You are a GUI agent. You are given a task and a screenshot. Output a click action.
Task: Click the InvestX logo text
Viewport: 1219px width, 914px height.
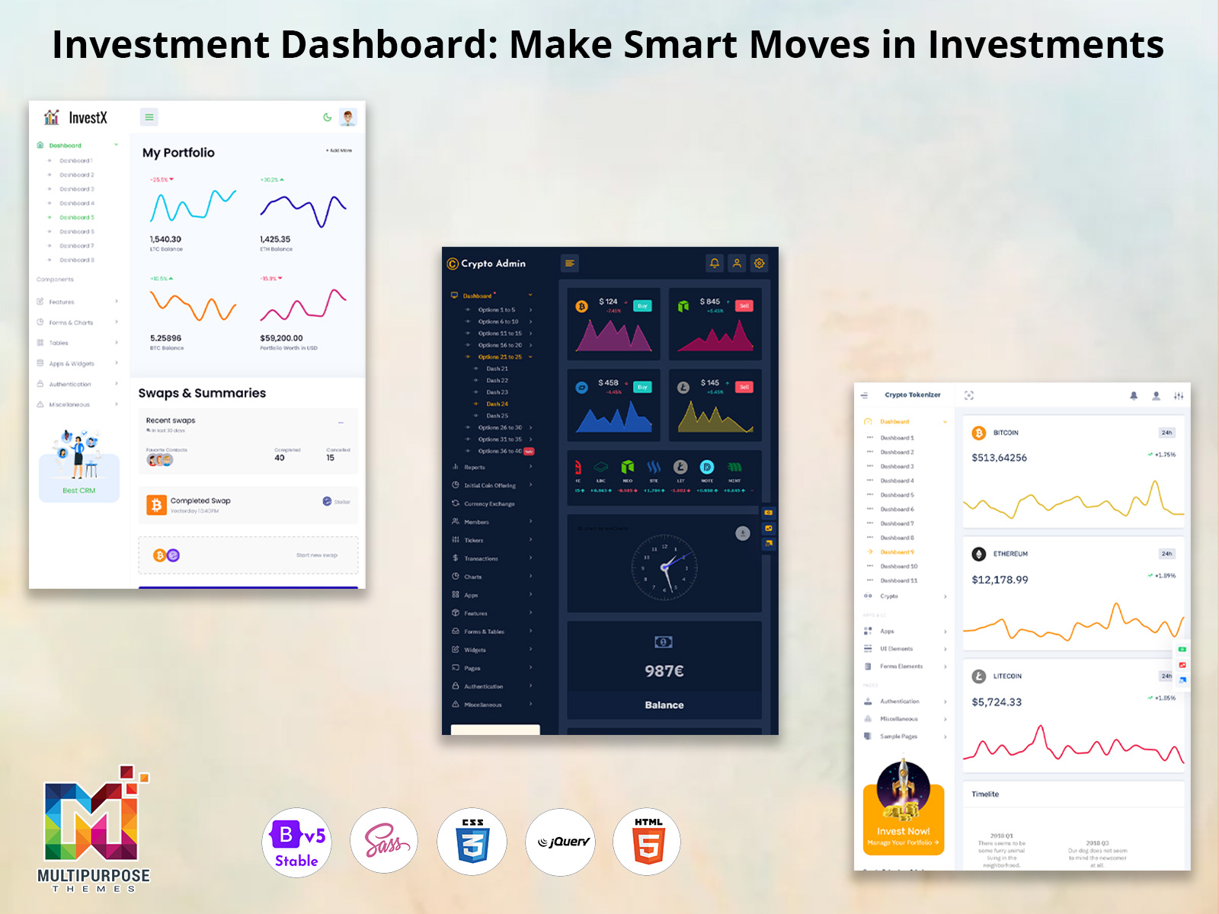88,118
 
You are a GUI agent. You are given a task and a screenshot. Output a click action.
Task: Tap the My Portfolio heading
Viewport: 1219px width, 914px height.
178,152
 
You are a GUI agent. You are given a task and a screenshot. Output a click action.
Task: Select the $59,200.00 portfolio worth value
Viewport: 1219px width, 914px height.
281,338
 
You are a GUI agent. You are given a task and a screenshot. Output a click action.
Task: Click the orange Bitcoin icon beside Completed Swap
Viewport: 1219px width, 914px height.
156,505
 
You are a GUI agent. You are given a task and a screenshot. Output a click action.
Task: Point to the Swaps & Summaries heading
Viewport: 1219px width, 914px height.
202,393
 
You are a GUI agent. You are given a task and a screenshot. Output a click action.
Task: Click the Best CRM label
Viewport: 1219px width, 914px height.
78,491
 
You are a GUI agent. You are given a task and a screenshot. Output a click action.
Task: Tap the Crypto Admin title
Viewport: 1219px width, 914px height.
493,264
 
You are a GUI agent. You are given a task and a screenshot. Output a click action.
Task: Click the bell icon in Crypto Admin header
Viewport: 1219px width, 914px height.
715,264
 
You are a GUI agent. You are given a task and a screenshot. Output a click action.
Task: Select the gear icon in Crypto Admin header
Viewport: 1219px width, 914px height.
760,264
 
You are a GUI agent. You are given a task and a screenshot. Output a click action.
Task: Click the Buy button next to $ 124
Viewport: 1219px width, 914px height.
642,306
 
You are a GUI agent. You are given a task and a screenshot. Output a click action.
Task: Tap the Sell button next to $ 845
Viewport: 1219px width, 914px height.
744,306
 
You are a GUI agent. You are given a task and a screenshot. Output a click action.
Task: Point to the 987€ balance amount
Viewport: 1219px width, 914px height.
664,671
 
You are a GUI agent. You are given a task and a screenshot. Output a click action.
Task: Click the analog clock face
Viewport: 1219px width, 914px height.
664,567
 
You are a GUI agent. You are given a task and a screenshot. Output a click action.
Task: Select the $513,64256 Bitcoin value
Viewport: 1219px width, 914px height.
999,458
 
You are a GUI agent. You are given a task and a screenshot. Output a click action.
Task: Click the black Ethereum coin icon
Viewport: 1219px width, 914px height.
979,554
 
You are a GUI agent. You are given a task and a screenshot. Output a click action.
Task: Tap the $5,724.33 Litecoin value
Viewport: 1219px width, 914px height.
997,702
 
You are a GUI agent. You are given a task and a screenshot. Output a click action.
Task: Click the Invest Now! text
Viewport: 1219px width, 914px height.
903,831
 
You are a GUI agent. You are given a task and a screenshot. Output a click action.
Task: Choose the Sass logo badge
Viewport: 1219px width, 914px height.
384,842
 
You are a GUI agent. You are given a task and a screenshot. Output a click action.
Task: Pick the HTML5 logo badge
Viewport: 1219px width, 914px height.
648,842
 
